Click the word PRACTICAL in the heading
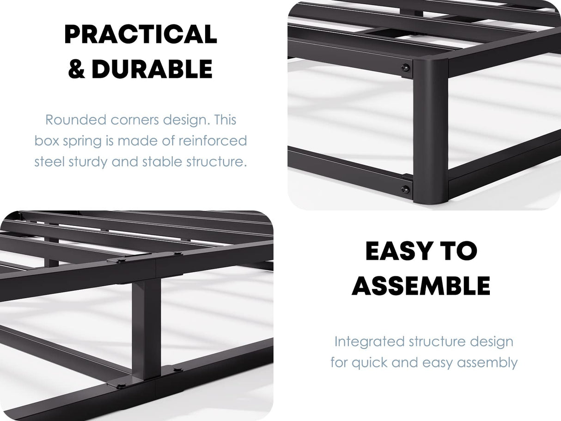(x=140, y=35)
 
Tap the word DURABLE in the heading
(x=152, y=69)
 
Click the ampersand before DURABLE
(x=77, y=69)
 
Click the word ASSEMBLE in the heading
(x=421, y=286)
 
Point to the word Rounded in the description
(x=76, y=120)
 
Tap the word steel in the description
(x=49, y=161)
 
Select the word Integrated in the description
(x=369, y=342)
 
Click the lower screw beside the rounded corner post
(x=405, y=189)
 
